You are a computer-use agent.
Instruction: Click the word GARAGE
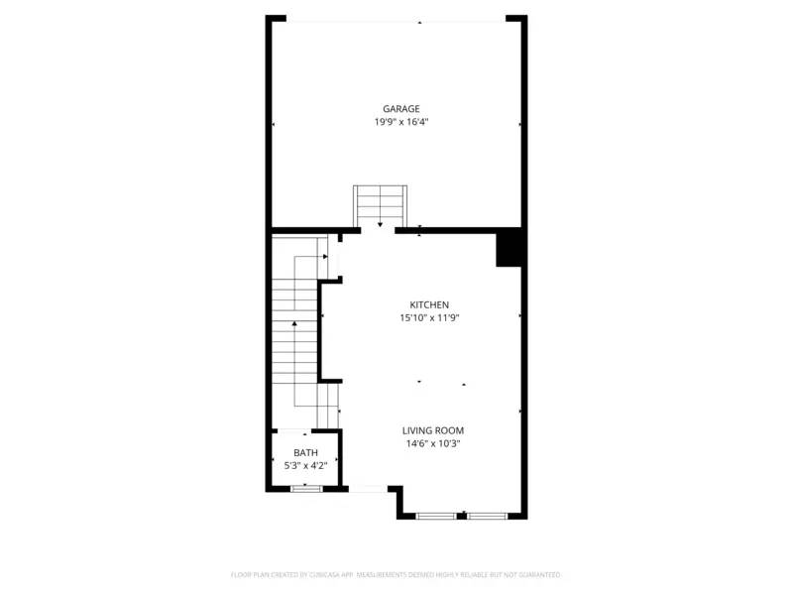(401, 109)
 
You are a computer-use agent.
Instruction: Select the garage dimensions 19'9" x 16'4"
(401, 122)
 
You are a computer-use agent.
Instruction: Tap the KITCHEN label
(430, 304)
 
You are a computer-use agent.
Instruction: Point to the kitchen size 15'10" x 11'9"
(430, 318)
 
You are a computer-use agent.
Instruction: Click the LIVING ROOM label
(433, 430)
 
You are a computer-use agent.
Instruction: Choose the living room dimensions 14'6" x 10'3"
(433, 444)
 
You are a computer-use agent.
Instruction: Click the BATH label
(305, 452)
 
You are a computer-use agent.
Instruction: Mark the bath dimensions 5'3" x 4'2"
(305, 465)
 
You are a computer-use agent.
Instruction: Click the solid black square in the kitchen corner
(510, 249)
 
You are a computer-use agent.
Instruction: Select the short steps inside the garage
(381, 204)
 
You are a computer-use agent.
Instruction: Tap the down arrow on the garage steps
(380, 224)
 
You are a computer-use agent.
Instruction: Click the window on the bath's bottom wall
(306, 488)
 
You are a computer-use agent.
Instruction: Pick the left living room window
(435, 516)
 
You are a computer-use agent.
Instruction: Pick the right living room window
(488, 516)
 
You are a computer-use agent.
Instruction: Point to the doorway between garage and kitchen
(378, 230)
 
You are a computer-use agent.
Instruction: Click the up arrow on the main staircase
(294, 323)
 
